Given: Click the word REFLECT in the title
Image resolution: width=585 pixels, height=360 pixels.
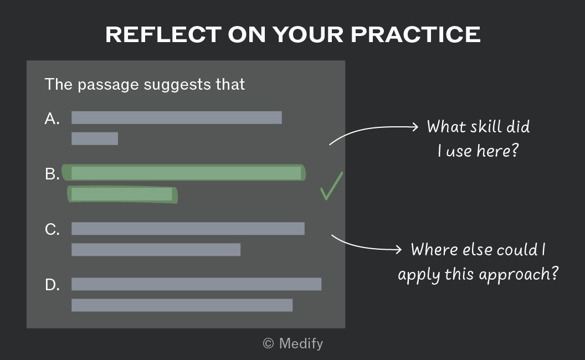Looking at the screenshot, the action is pos(163,35).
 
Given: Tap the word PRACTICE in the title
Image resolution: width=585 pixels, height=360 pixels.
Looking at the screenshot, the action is pos(415,35).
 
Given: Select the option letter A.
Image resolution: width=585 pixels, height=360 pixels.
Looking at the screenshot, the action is pos(52,119).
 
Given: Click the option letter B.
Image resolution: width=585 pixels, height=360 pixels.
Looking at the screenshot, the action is pos(52,174).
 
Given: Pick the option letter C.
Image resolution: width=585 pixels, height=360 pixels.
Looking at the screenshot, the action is pos(52,229).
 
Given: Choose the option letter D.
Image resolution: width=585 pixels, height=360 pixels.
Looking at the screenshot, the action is pos(52,285).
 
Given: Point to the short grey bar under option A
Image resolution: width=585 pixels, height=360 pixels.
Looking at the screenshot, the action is pos(95,139).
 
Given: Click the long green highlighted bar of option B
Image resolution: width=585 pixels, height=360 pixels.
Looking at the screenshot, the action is pos(183,173).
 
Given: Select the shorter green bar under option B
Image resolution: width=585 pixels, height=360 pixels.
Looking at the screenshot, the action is pos(122,194).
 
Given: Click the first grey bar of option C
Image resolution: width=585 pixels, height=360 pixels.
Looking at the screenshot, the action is pos(188,229).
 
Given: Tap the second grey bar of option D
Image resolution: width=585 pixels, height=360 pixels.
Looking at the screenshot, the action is pos(182,305).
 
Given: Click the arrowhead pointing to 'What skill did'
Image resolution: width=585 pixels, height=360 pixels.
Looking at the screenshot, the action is pos(415,127).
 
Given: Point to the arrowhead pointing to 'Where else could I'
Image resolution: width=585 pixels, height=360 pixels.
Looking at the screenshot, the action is pos(398,249).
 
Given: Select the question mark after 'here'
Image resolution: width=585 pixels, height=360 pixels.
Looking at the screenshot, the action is pos(515,151).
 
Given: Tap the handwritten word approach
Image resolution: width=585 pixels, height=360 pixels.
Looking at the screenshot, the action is pos(514,275).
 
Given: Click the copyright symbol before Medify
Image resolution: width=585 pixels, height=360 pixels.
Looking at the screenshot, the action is pos(268,343).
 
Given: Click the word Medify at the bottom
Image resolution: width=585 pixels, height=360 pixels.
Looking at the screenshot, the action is pos(301,343).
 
